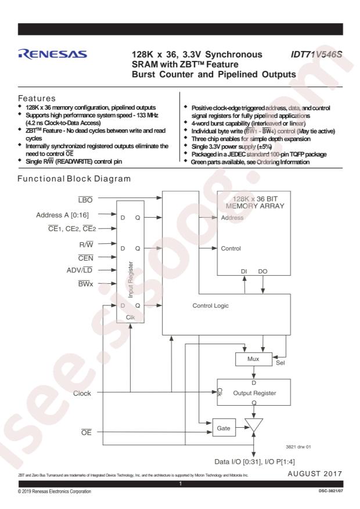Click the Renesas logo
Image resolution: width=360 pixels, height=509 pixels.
(53, 54)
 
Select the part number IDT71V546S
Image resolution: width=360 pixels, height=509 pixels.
(316, 54)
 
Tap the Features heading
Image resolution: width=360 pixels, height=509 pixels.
(37, 98)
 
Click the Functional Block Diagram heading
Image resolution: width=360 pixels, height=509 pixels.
(74, 179)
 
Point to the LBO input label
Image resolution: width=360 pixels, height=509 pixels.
(85, 200)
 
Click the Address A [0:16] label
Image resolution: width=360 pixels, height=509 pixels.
(62, 215)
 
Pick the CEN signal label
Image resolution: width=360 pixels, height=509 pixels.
(86, 258)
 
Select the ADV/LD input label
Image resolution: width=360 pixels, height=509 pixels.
(80, 270)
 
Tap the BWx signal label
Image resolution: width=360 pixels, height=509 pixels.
(85, 284)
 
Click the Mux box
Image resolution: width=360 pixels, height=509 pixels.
(254, 359)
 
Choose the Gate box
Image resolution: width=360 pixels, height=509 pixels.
(224, 428)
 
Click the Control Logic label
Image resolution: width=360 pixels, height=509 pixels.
(210, 306)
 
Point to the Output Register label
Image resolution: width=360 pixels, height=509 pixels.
(254, 393)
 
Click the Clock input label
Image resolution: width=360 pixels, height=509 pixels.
(82, 394)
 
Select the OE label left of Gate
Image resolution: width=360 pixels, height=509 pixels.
(87, 432)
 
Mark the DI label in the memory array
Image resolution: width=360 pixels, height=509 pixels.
(244, 272)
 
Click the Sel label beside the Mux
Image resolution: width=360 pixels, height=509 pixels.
(280, 363)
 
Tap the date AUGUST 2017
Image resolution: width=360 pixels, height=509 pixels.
(315, 474)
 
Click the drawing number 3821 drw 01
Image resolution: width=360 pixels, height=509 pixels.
(298, 447)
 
